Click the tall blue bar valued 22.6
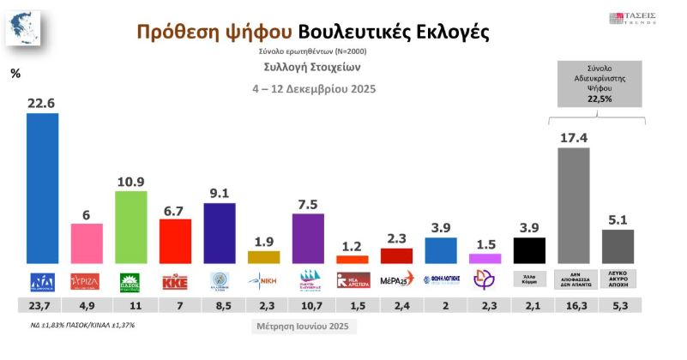[x=43, y=188]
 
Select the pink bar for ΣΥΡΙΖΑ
[x=87, y=243]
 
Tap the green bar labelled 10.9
[x=131, y=227]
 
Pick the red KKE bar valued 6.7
[x=175, y=241]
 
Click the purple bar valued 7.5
[x=308, y=238]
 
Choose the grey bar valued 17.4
[x=573, y=206]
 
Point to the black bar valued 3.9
[x=529, y=250]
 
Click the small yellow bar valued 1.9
[x=263, y=256]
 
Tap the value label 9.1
[x=219, y=193]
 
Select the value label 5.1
[x=618, y=219]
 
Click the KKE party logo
[x=175, y=279]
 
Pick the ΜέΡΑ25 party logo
[x=396, y=279]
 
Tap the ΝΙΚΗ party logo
[x=263, y=279]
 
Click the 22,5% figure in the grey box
[x=600, y=99]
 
